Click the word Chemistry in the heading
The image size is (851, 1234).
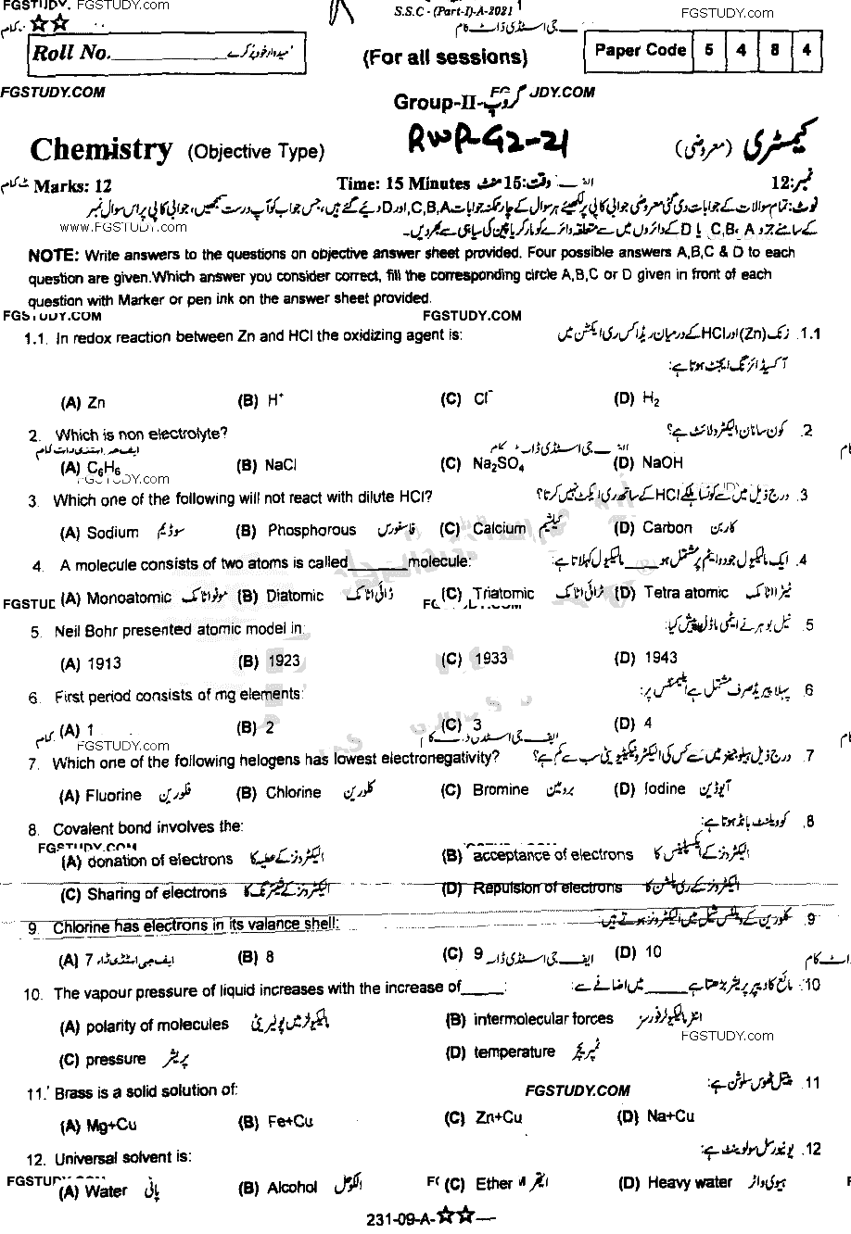click(x=101, y=150)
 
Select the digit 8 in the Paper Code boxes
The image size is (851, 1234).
click(x=774, y=51)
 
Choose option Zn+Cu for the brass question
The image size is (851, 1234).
click(x=497, y=1118)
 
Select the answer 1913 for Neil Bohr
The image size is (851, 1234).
click(x=104, y=663)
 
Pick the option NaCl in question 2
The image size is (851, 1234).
click(x=280, y=464)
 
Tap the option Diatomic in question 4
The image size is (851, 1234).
click(x=295, y=596)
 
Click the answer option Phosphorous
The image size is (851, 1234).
click(x=311, y=530)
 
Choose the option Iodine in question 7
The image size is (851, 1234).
click(x=665, y=789)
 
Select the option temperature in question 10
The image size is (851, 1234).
click(x=514, y=1051)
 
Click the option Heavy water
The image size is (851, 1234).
click(x=690, y=1182)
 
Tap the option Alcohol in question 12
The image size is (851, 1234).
click(x=292, y=1188)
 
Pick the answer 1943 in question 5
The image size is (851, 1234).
click(x=659, y=658)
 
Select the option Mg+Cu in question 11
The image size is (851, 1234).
click(x=111, y=1125)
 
